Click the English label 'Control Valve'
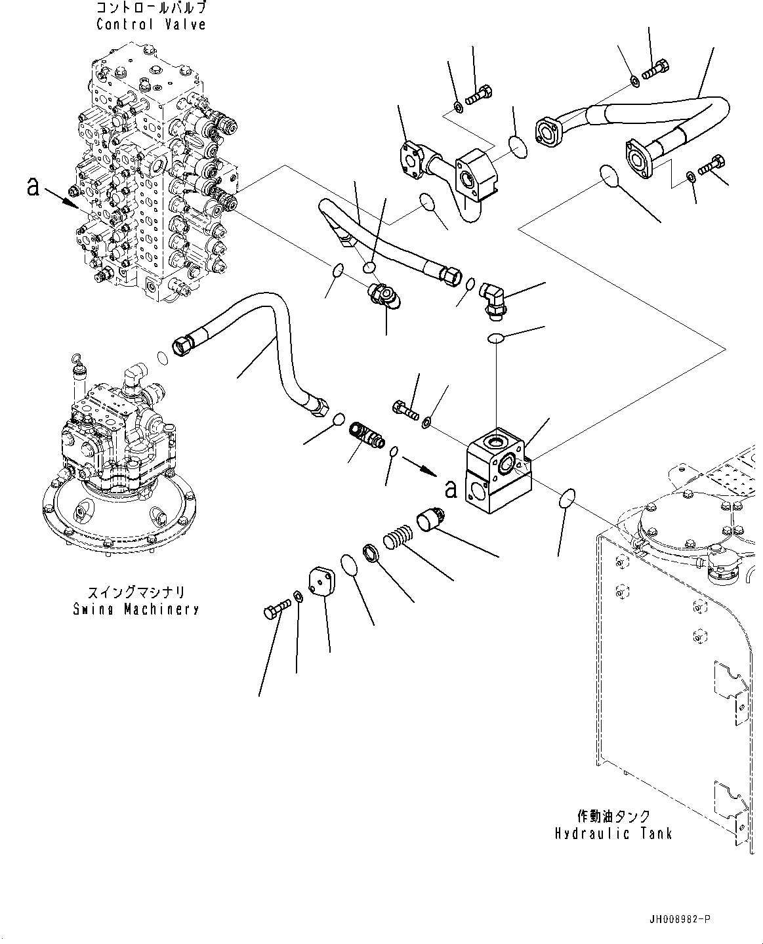[x=151, y=25]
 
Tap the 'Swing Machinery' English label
[x=136, y=609]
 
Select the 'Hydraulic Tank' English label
[x=613, y=834]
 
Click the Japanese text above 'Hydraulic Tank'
[x=613, y=816]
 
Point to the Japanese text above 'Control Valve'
[x=151, y=8]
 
